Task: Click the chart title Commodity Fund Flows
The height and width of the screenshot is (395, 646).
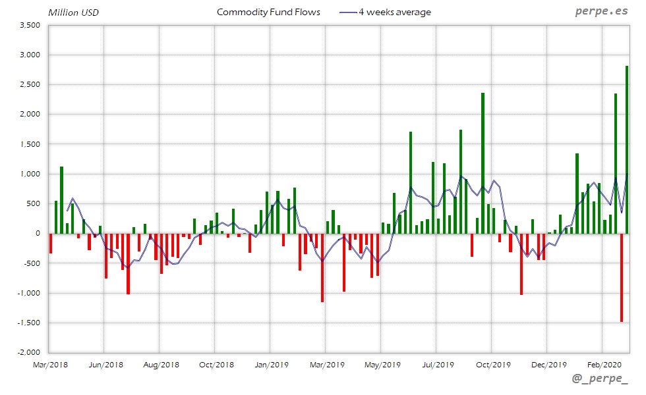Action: pos(268,12)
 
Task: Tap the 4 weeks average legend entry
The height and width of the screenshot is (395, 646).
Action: pos(385,12)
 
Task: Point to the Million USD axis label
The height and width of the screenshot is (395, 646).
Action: pos(73,13)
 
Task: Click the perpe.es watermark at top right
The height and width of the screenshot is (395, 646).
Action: pos(601,12)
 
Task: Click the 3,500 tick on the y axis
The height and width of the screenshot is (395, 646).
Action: pos(30,25)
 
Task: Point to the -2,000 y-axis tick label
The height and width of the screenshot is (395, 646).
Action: pos(28,352)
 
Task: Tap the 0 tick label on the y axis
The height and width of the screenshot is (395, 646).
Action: pos(38,233)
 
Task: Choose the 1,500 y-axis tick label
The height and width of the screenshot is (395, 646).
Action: pos(30,144)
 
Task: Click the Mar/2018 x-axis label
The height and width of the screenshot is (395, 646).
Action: pos(50,364)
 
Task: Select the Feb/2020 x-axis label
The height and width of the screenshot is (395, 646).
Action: pos(602,364)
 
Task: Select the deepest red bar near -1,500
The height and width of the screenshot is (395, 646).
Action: pos(621,277)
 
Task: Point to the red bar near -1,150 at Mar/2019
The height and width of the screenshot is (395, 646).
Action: pos(322,267)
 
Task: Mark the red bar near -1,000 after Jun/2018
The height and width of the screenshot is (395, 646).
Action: pos(128,263)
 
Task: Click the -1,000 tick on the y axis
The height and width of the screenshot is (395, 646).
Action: pos(28,293)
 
